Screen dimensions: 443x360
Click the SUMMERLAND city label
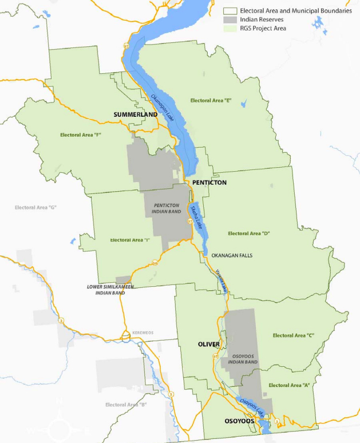tap(135, 115)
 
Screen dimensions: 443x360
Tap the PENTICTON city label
tap(209, 183)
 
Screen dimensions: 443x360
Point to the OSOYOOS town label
tap(239, 421)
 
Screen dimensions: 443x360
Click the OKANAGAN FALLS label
tap(232, 255)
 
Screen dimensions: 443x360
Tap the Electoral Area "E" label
tap(210, 101)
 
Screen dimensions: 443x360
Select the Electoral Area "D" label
tap(248, 234)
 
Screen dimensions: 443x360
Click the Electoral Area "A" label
tap(289, 385)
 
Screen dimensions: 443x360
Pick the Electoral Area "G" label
tap(36, 207)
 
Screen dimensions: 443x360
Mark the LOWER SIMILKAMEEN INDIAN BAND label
tap(110, 290)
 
